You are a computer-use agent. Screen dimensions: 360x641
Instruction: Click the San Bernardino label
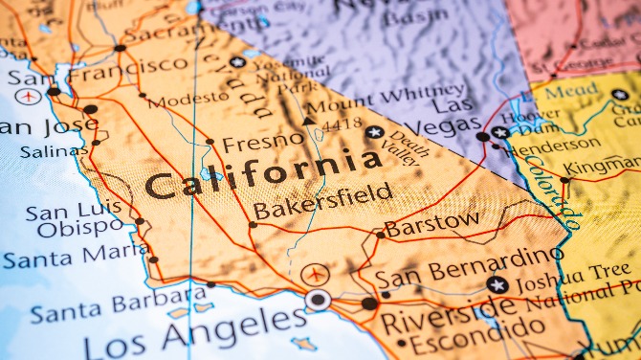click(468, 267)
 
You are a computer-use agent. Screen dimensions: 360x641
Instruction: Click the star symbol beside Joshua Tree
click(497, 283)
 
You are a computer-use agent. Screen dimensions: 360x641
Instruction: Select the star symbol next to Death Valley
click(374, 132)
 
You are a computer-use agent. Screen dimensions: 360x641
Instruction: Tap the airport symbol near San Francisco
click(29, 96)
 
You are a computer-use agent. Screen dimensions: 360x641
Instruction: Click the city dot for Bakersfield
click(253, 225)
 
